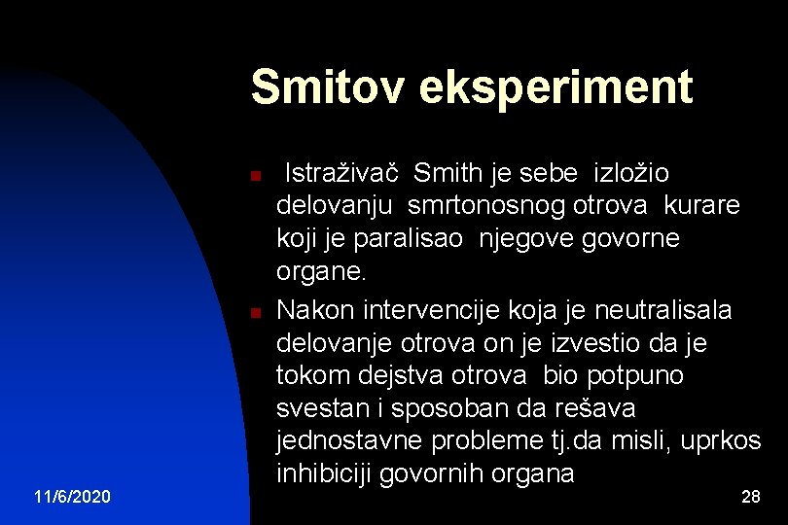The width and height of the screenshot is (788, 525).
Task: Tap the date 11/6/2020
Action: [72, 497]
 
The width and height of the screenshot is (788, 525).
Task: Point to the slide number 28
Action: [750, 497]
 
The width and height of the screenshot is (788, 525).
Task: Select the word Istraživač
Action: [340, 173]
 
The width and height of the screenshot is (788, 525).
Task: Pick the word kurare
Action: [702, 206]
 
